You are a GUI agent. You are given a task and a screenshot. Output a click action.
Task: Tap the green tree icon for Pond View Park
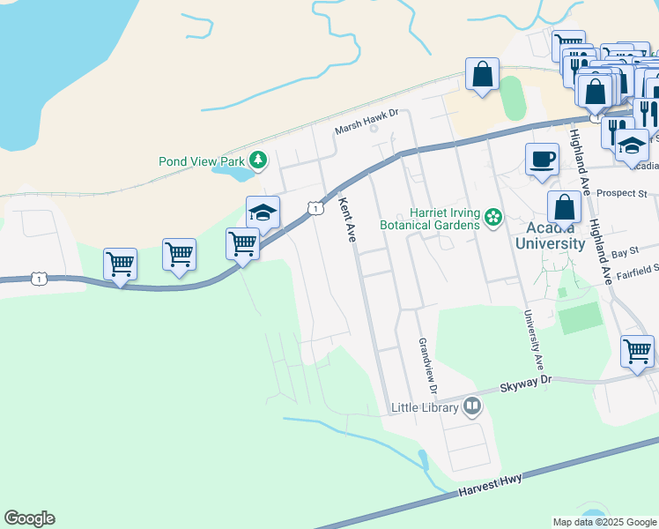258,160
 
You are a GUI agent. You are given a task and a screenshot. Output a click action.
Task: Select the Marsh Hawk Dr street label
367,129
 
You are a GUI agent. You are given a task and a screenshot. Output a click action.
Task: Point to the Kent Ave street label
347,220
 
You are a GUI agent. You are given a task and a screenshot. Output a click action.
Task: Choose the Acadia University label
550,236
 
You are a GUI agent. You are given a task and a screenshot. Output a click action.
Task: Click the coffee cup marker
542,160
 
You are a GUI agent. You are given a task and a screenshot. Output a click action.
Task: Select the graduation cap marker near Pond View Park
263,212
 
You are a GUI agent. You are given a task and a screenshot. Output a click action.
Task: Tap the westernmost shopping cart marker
120,264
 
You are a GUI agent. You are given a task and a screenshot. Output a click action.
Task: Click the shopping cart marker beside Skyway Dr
637,351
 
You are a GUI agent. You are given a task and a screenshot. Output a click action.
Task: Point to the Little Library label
426,408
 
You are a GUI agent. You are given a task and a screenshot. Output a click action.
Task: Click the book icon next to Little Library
473,406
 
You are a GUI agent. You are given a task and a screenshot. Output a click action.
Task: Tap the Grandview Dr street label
427,365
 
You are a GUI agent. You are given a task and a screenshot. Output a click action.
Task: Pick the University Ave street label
534,340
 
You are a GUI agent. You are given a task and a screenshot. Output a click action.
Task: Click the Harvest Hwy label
490,484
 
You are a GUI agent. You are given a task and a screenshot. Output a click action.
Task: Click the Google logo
30,518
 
